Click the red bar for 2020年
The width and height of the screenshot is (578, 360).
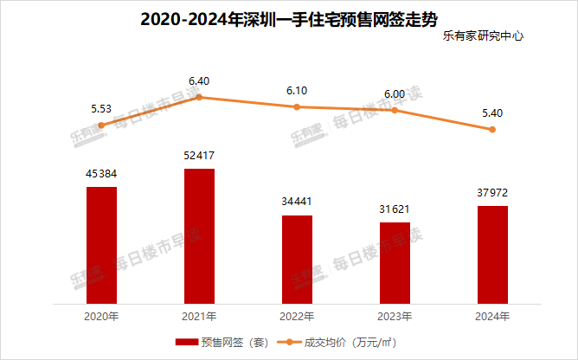point(101,245)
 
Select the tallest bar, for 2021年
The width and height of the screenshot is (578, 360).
point(199,236)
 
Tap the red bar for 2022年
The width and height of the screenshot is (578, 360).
point(297,260)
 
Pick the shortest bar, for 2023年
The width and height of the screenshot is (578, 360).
point(395,263)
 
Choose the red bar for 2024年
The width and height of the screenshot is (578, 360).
point(492,255)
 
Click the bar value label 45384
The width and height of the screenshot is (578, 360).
point(101,174)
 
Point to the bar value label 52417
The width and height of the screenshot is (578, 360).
point(199,156)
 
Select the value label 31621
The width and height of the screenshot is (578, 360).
point(395,209)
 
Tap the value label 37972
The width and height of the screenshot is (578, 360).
point(492,193)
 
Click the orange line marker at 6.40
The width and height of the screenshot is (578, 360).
point(199,97)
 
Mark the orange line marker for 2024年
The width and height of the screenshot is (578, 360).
point(492,130)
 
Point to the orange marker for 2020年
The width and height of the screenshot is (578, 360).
point(101,125)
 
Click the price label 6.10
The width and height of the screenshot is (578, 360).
point(297,90)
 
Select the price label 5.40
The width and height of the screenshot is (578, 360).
point(492,113)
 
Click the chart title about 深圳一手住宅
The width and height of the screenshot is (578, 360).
point(288,18)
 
